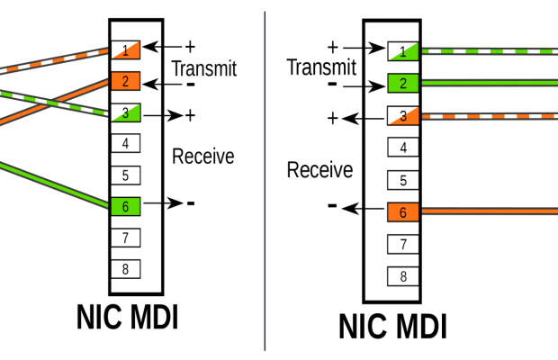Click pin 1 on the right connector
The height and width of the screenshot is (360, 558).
point(404,51)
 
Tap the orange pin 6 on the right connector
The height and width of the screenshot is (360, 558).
point(404,212)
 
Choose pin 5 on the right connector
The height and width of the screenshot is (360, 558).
point(404,180)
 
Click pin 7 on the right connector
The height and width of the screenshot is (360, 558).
point(404,244)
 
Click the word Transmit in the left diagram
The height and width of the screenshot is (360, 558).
point(203,67)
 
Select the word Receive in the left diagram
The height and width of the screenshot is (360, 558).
point(203,157)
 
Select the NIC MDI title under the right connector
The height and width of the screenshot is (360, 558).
point(392,325)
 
